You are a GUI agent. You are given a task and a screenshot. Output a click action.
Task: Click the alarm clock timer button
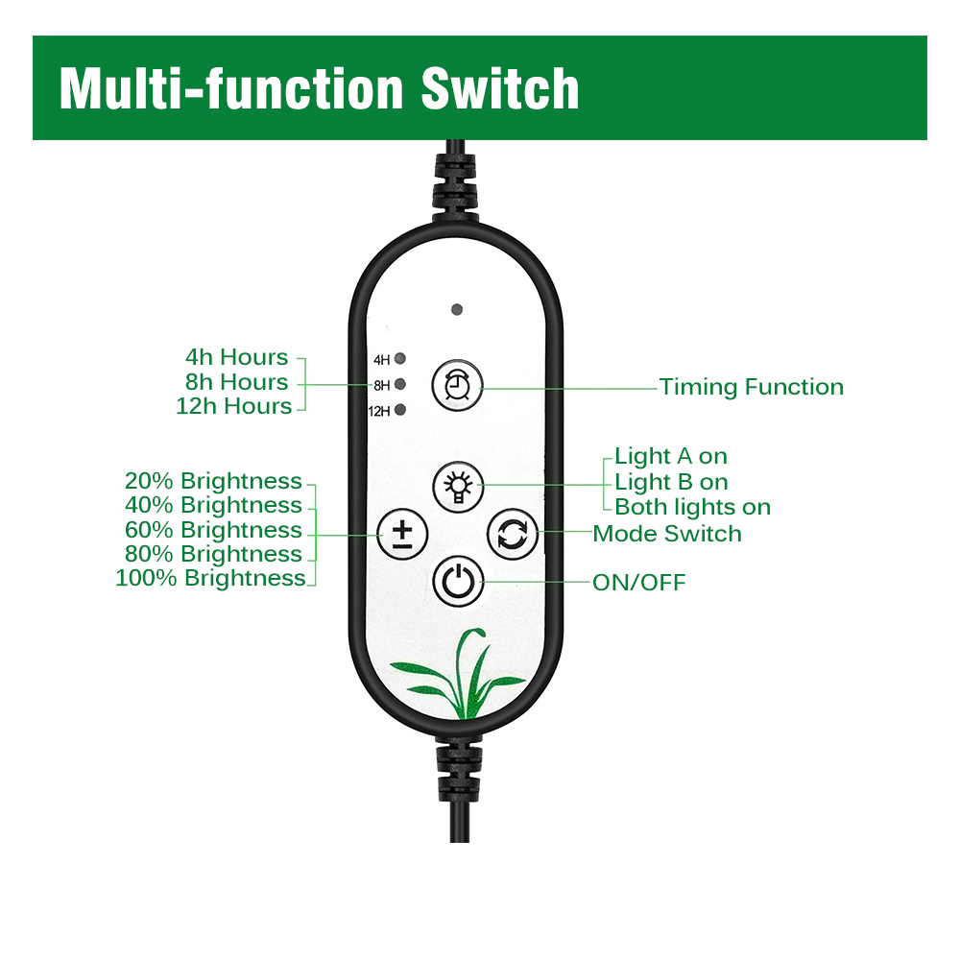(x=457, y=386)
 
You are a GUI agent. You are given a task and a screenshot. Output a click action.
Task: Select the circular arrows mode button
(x=512, y=534)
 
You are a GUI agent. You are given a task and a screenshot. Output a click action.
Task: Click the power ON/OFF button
(x=457, y=581)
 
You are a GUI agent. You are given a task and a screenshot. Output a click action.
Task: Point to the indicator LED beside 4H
(x=400, y=359)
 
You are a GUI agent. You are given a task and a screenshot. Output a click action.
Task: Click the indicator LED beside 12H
(x=400, y=411)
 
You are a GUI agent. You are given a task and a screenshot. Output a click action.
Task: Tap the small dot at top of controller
(x=457, y=310)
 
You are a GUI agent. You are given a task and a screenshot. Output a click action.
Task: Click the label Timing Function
(x=751, y=387)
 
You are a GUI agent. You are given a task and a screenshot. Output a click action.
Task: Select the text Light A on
(x=671, y=456)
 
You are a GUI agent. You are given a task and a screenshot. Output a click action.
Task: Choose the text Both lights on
(x=692, y=507)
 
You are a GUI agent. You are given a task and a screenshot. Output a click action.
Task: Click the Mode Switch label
(x=667, y=534)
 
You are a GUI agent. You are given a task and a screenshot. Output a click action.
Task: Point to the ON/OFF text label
(x=638, y=583)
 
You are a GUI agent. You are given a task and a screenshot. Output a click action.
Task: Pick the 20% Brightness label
(x=213, y=481)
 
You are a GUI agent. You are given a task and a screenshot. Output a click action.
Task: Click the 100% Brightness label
(x=210, y=578)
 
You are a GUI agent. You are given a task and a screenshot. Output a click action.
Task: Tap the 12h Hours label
(x=233, y=406)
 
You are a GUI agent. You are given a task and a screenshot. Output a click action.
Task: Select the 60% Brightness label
(x=213, y=530)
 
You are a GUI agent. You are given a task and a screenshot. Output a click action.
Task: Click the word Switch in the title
(x=499, y=88)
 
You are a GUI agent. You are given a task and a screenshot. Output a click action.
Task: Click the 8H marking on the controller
(x=382, y=385)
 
